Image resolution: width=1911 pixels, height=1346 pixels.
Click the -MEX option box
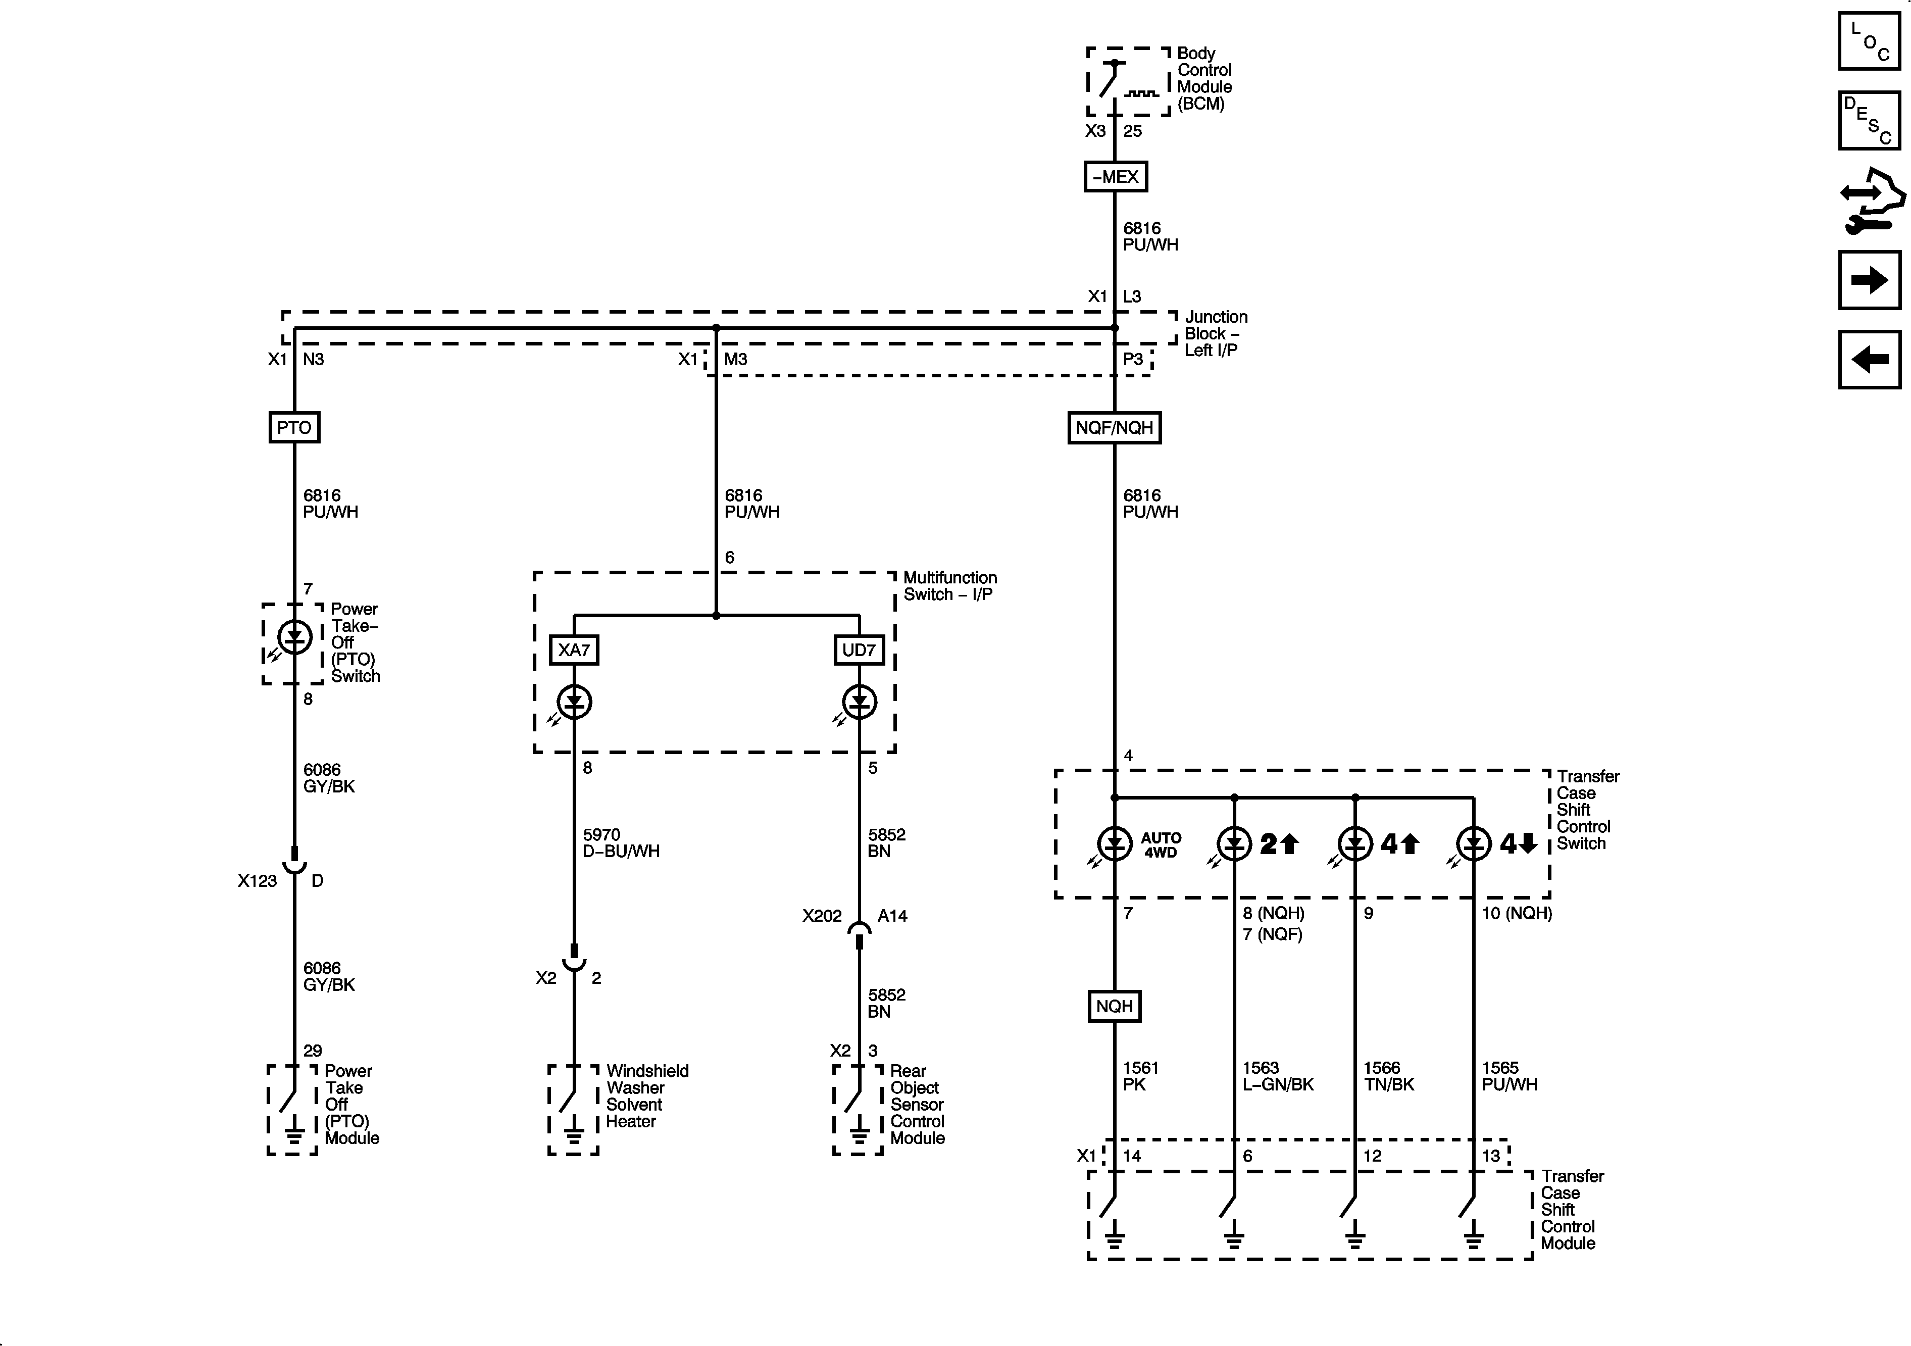coord(1115,176)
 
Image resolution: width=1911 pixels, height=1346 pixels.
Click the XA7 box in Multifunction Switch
coord(574,650)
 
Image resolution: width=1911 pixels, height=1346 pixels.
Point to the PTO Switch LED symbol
coord(294,637)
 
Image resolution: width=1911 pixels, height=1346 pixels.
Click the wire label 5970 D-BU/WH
coord(621,842)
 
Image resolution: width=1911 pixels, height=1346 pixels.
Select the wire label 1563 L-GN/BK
coord(1278,1075)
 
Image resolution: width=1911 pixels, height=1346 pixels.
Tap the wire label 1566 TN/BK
coord(1388,1075)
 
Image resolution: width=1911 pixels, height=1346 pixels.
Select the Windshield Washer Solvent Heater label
coord(647,1095)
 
